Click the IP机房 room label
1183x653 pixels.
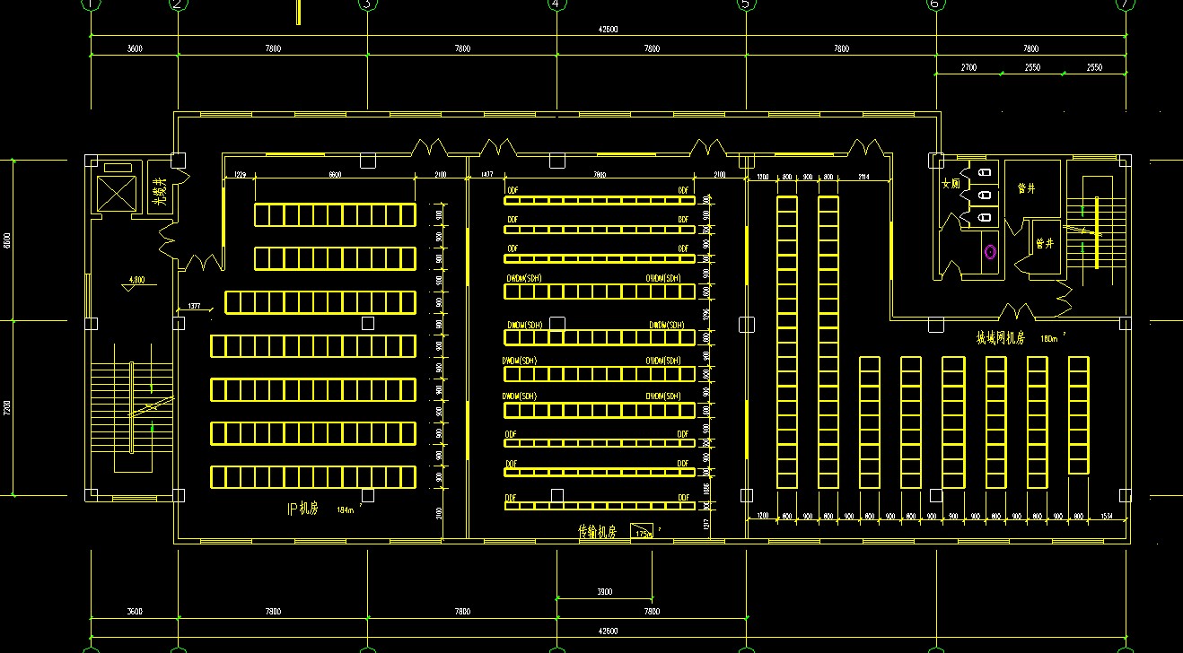point(302,509)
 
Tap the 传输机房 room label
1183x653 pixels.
point(597,532)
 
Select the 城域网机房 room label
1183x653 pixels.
point(1001,338)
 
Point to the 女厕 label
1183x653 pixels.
point(950,184)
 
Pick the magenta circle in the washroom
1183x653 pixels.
point(990,252)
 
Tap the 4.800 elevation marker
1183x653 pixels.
point(136,280)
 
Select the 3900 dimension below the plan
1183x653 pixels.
point(604,592)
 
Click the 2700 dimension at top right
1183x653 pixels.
point(968,67)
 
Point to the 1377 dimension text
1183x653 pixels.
point(193,307)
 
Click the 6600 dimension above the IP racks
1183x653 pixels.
point(335,175)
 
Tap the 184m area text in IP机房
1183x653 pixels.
point(346,509)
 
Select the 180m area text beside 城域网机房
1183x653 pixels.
point(1048,339)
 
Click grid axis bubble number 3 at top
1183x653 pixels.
point(366,4)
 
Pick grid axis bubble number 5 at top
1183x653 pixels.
point(745,4)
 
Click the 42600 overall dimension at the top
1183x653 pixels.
point(608,30)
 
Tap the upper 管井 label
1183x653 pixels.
point(1026,188)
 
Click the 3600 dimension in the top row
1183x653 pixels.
point(135,48)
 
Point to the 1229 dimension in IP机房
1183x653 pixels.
point(240,175)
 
